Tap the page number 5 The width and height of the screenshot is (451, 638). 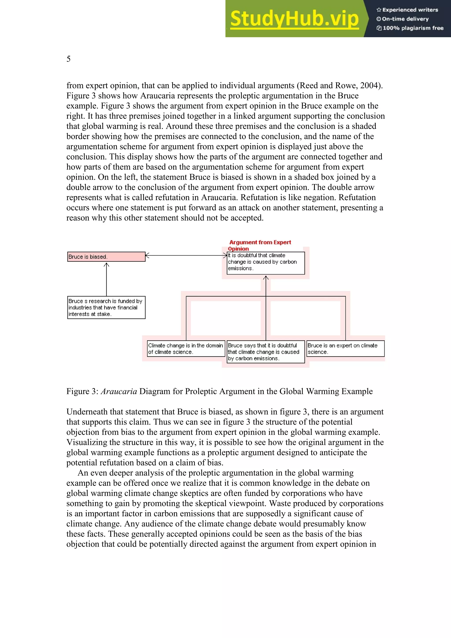(x=68, y=59)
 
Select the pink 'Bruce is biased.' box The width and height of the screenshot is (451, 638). (x=106, y=257)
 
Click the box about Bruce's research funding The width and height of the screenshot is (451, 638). (x=106, y=308)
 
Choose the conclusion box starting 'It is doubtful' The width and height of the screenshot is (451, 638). (x=265, y=263)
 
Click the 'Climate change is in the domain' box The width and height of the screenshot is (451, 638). (x=186, y=349)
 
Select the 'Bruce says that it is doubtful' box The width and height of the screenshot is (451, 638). (x=265, y=352)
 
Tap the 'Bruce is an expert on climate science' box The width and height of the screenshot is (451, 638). (x=345, y=349)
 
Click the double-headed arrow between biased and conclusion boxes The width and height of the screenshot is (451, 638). (x=186, y=255)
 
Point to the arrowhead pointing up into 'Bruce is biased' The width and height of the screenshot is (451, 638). (x=106, y=265)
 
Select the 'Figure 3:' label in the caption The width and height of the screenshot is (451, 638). (x=82, y=391)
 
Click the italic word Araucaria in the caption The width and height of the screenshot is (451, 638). (x=119, y=391)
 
